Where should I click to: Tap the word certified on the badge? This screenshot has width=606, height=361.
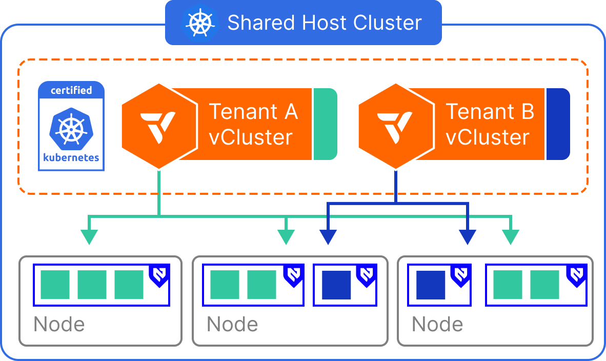(71, 90)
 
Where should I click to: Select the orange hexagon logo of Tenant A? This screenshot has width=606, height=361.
(159, 126)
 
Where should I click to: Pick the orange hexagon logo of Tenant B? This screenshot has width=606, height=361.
(395, 126)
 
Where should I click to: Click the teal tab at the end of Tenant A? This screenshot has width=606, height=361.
(325, 124)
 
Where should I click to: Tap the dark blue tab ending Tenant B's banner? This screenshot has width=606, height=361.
(558, 124)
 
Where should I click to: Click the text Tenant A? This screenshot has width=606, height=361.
(253, 111)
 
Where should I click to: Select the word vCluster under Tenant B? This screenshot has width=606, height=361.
(487, 137)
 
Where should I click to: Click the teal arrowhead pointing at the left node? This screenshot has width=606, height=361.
(89, 237)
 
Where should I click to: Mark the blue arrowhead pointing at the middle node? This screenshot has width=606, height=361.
(328, 237)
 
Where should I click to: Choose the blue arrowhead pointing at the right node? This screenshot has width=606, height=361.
(468, 237)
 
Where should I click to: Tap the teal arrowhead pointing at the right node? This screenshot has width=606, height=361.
(511, 237)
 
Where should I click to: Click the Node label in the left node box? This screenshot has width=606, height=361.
(59, 324)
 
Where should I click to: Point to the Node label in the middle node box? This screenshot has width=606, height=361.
(232, 324)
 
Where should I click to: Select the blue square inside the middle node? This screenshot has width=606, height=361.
(336, 285)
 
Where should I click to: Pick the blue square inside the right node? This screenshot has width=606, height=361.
(431, 285)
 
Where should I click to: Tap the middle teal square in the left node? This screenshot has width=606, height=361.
(92, 285)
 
